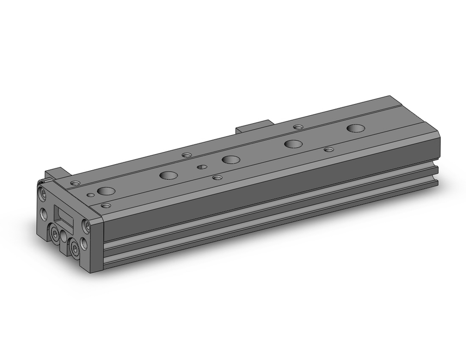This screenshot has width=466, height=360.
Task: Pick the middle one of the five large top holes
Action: [x=229, y=159]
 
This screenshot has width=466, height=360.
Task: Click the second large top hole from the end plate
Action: [x=168, y=175]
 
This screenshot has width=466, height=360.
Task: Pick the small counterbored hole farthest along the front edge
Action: [x=329, y=150]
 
